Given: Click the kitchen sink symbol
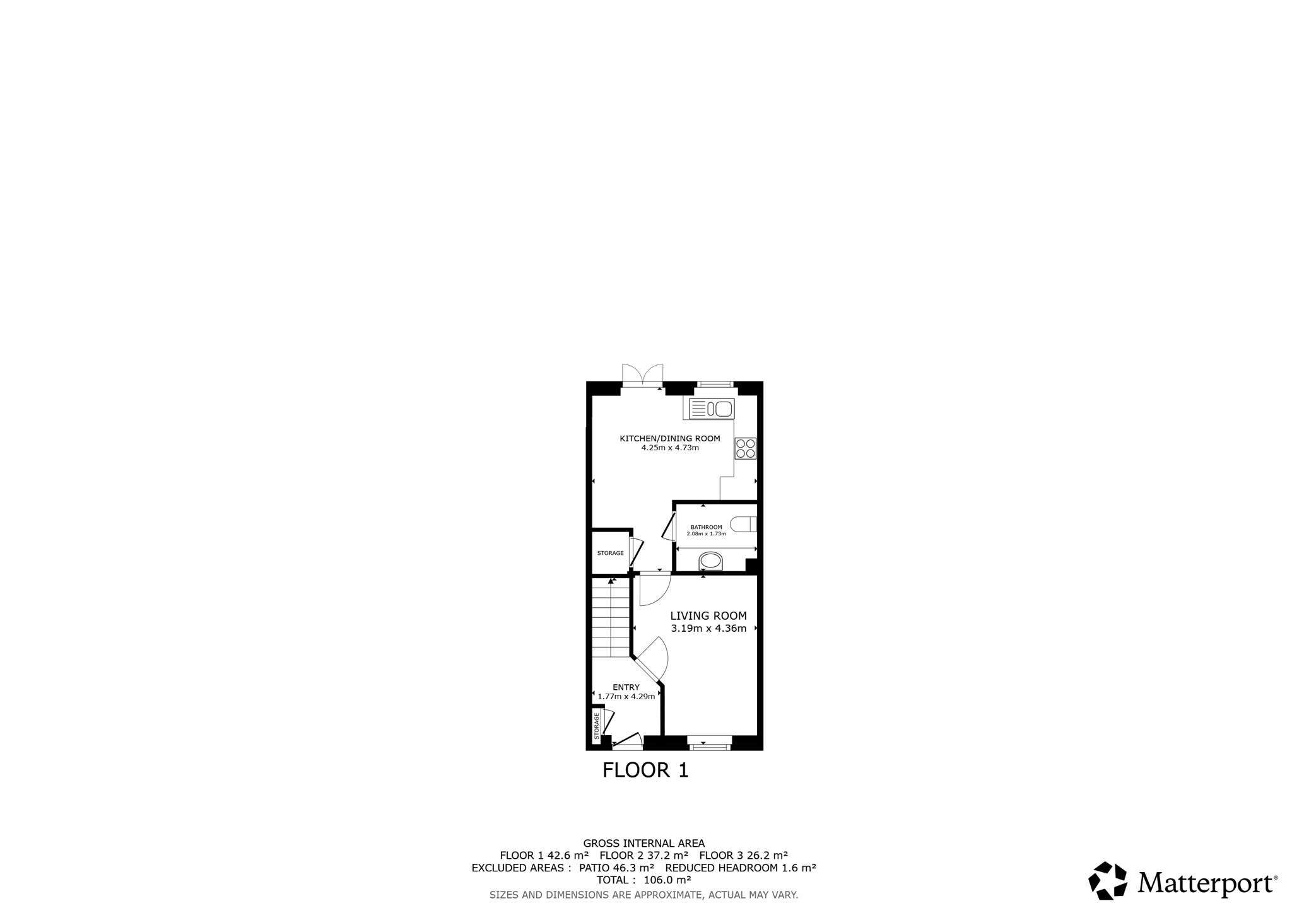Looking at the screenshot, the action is click(x=712, y=409).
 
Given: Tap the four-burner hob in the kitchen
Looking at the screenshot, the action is click(x=746, y=448).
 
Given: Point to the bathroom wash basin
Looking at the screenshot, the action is click(x=711, y=561).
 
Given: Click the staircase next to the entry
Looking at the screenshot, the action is click(x=611, y=618).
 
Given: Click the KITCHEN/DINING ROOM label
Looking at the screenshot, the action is click(x=670, y=438).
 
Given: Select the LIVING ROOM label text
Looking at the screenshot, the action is click(x=708, y=616).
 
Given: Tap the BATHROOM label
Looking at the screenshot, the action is click(x=707, y=527).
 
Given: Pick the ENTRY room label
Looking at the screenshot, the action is click(x=626, y=687).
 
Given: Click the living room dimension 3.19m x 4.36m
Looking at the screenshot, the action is click(x=708, y=629).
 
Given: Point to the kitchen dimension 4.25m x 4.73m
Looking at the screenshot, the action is click(x=670, y=448).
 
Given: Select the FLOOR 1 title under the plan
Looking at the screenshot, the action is click(x=645, y=770).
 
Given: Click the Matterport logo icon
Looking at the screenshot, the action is click(x=1108, y=880).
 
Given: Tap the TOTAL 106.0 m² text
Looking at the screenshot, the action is click(x=644, y=880).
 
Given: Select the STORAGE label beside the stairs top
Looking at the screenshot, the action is click(x=611, y=553).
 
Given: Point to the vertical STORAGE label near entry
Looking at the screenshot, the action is click(x=597, y=726).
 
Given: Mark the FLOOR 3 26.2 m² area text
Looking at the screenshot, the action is click(x=744, y=856).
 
